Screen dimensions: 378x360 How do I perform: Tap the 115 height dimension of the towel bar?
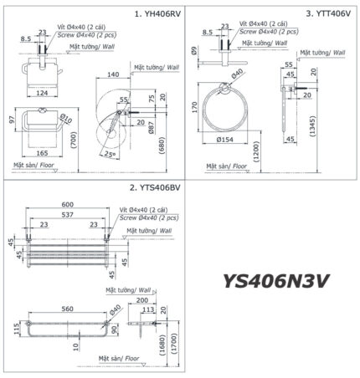(x=18, y=329)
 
